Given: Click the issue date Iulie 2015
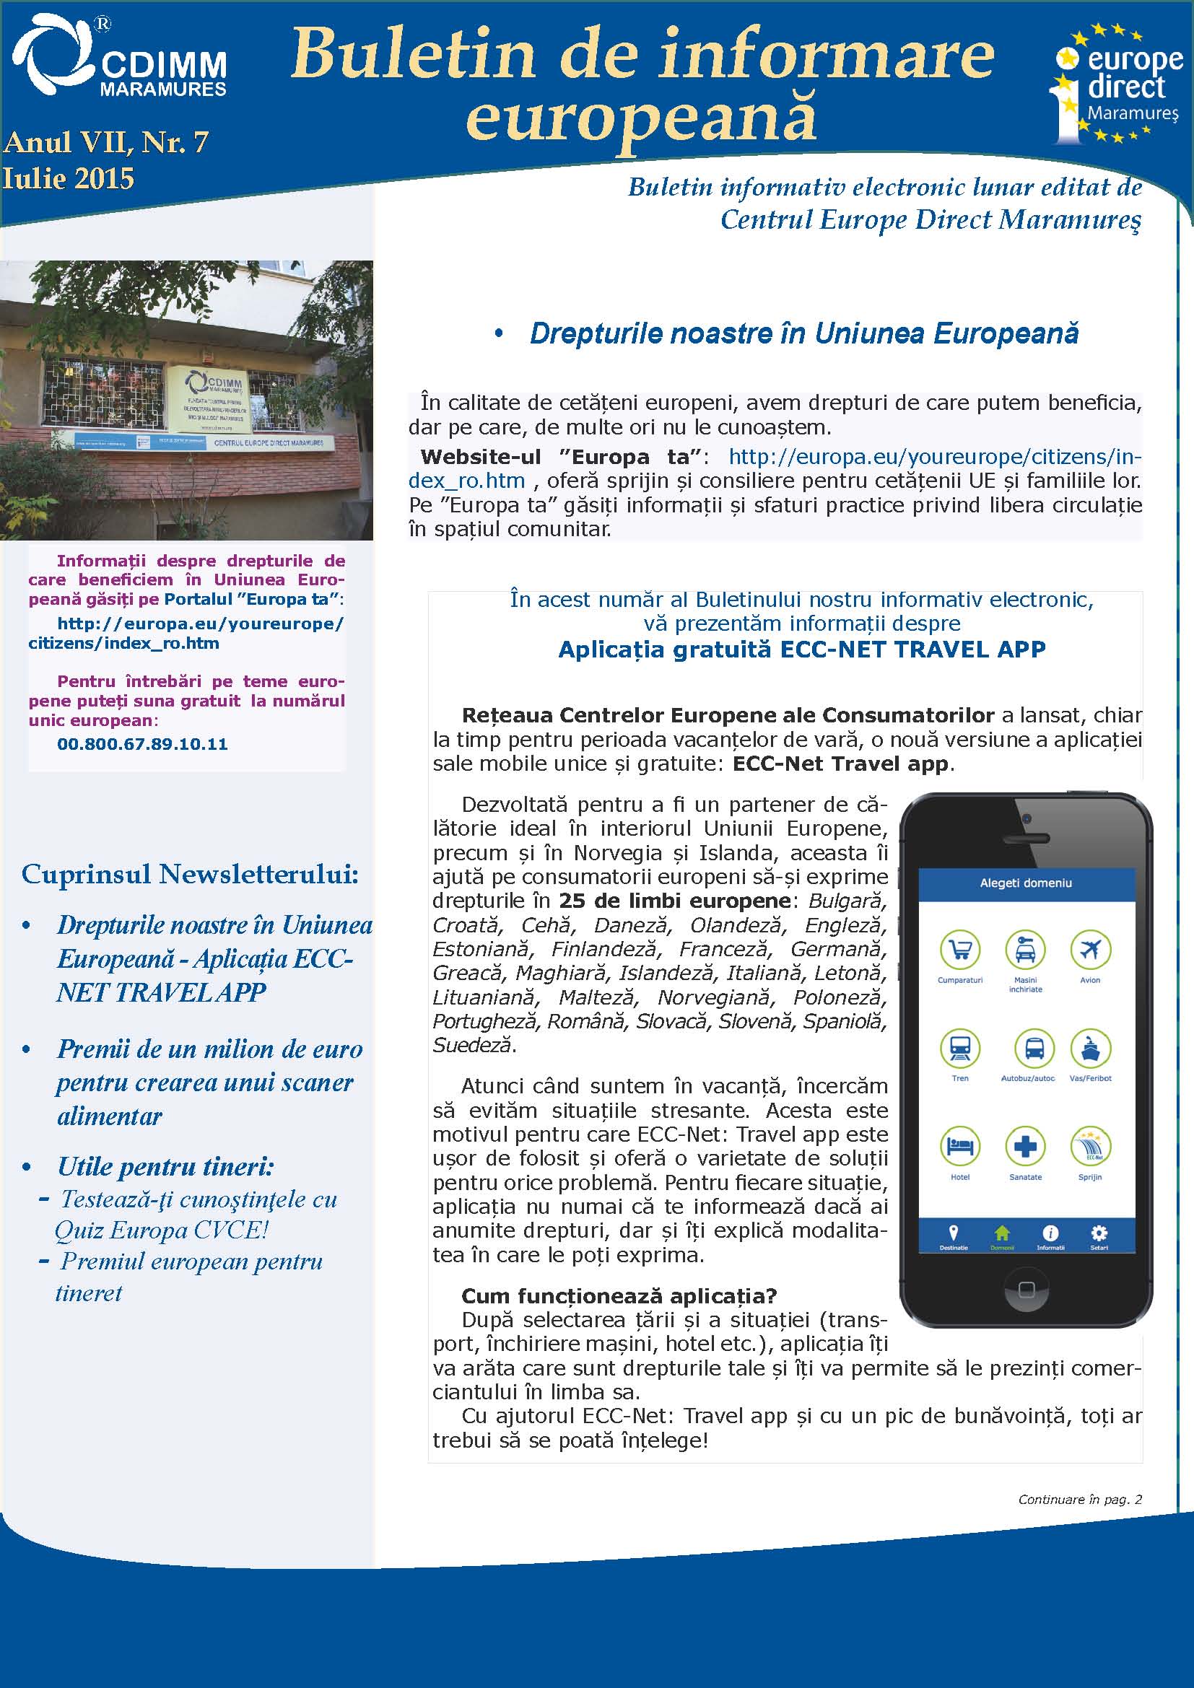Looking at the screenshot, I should (69, 180).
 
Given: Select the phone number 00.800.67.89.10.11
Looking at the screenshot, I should (142, 744).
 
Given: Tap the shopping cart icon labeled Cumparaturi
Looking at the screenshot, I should (959, 950).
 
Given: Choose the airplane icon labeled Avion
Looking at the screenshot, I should (1089, 950).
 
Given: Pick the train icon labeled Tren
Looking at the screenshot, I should (959, 1048).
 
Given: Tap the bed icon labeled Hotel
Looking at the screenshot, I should (959, 1146).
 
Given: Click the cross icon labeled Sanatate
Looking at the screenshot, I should (1025, 1146).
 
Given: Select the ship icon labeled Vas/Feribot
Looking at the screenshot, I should (1089, 1048).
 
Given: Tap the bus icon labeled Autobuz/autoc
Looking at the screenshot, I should (1033, 1048).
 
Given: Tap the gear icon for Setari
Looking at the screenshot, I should (1099, 1233).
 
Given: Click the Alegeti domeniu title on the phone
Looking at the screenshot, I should (1026, 883).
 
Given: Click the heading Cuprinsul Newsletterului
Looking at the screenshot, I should (190, 874).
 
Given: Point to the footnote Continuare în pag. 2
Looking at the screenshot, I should (1079, 1500).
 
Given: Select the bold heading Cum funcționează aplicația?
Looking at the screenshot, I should (619, 1295).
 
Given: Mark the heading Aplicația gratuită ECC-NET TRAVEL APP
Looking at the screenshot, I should (801, 650).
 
